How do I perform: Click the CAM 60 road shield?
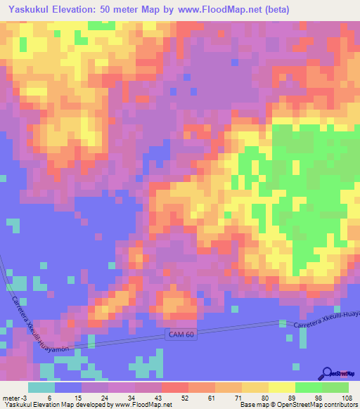[181, 334]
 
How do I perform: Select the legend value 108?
[347, 397]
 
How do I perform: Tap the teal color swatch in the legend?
[41, 387]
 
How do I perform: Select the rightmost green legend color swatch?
[335, 387]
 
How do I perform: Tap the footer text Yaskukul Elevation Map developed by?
[53, 405]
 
